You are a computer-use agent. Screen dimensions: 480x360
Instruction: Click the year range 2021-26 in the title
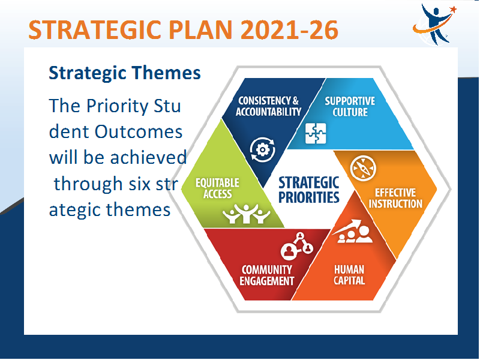tap(289, 29)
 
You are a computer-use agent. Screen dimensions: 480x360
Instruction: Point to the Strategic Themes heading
tap(125, 73)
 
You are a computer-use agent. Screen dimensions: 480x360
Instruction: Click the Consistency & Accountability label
tap(268, 106)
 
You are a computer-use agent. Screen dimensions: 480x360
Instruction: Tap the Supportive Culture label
tap(350, 106)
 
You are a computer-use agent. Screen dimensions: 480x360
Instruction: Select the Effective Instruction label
tap(395, 198)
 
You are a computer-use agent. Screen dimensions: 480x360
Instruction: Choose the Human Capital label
tap(349, 275)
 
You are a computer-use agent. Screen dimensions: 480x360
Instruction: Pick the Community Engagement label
tap(266, 275)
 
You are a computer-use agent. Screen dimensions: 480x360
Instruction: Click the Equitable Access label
tap(217, 188)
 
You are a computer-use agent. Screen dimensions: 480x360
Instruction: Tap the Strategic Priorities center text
tap(309, 190)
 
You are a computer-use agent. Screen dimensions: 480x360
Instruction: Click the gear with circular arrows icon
tap(262, 149)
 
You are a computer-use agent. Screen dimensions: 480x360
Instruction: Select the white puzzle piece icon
tap(316, 133)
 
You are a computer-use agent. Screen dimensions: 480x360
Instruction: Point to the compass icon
tap(363, 168)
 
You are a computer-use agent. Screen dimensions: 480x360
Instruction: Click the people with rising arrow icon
tap(353, 231)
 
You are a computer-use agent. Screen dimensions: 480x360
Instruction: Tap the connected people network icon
tap(297, 244)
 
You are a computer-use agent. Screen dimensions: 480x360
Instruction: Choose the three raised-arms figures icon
tap(247, 214)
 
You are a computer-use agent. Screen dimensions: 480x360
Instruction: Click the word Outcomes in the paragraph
tap(139, 132)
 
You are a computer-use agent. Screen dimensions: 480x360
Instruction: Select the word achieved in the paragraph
tap(148, 158)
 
